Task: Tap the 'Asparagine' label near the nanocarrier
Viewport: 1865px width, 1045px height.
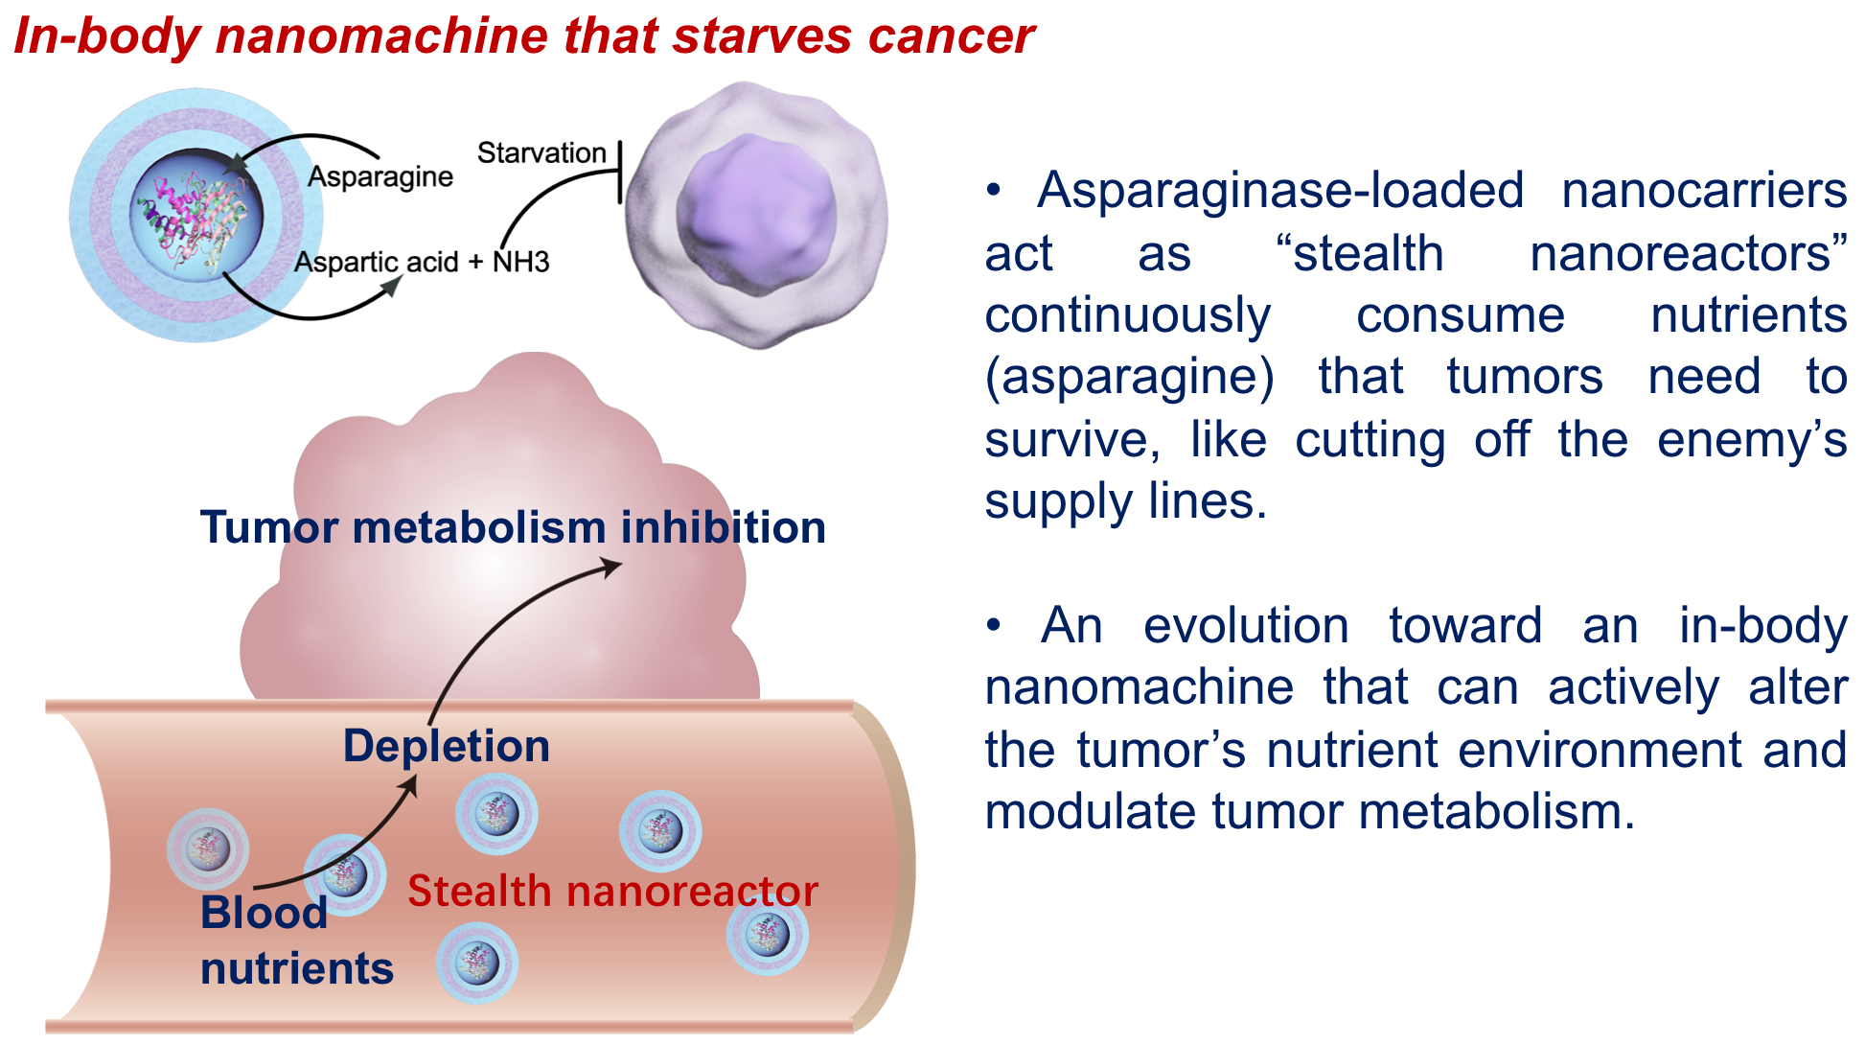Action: coord(380,177)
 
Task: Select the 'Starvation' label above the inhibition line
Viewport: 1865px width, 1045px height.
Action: coord(541,152)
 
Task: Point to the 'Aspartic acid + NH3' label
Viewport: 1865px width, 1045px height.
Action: coord(422,262)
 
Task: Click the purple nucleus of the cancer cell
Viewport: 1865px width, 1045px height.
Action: coord(756,213)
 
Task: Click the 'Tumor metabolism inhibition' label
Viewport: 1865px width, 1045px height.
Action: coord(513,527)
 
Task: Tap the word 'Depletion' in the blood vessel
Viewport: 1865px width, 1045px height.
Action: coord(447,746)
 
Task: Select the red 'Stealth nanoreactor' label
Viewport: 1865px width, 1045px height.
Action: coord(613,892)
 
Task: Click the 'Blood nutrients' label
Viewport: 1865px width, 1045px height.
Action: coord(297,940)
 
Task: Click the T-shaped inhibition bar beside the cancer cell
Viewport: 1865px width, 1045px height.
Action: coord(620,172)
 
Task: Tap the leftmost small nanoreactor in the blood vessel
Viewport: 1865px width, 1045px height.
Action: coord(208,848)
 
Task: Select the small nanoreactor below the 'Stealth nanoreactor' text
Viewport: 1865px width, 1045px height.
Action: coord(477,963)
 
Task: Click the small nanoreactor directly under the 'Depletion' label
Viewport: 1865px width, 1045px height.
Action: coord(496,814)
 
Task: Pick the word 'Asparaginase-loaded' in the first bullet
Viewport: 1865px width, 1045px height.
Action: coord(1280,190)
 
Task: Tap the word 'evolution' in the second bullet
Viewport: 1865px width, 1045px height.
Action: coord(1246,626)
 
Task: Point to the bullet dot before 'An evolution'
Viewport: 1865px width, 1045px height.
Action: coord(994,625)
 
